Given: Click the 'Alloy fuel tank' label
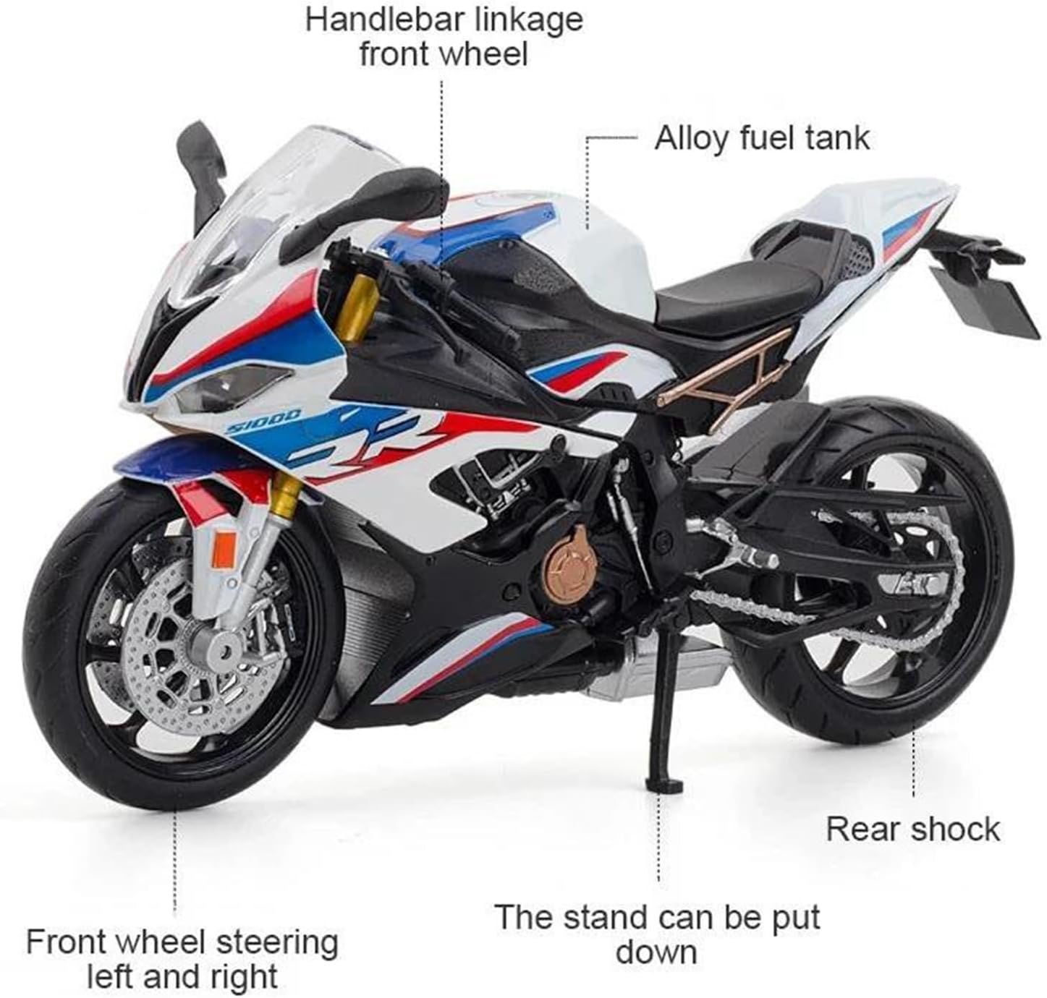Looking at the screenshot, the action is pos(762,139).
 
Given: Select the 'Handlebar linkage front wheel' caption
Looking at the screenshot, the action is pos(444,37).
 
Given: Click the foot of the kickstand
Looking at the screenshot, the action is pos(664,787).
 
